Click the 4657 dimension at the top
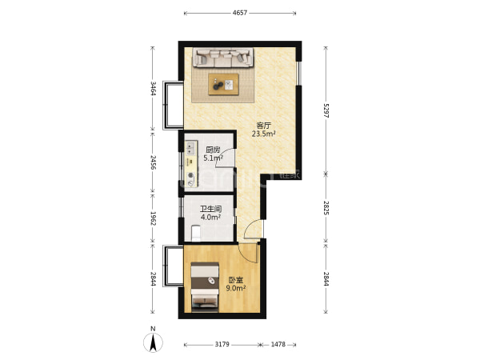240,13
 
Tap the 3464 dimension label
153,89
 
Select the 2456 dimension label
153,162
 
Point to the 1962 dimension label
153,218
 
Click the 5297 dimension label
326,110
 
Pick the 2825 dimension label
326,207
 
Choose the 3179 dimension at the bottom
222,344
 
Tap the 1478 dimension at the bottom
278,344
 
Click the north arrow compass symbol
153,342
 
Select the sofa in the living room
223,58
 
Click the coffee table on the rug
223,84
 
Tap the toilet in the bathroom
196,233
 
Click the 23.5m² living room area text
264,134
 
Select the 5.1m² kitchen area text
214,158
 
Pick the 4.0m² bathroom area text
211,218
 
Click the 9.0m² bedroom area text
236,288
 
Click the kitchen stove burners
191,148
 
